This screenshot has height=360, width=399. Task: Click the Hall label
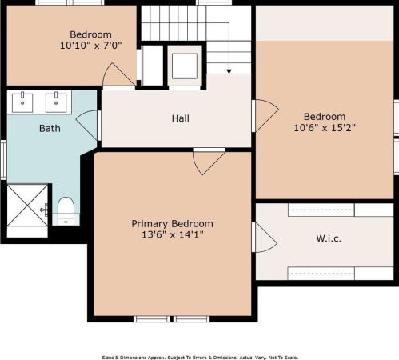pos(181,118)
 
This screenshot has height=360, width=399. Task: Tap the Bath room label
pos(50,127)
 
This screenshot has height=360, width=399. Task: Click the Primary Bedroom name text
pos(173,224)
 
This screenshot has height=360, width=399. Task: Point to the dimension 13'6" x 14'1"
pos(173,236)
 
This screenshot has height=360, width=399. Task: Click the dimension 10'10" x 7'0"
pos(90,46)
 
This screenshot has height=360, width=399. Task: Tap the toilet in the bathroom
pos(66,211)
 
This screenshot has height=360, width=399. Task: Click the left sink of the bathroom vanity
pos(23,102)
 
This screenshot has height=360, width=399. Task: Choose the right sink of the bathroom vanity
pos(56,102)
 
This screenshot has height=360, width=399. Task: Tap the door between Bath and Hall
pos(87,125)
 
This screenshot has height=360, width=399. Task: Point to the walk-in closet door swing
pos(265,237)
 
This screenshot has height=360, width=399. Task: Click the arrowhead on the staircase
pos(229,71)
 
